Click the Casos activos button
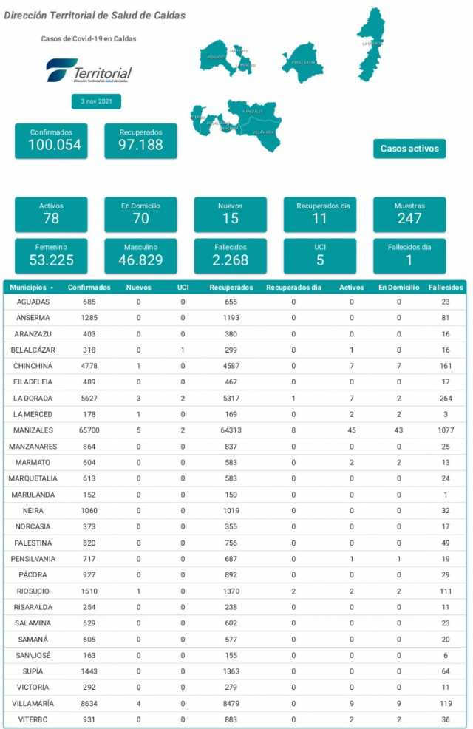tap(409, 149)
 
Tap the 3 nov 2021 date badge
tap(96, 101)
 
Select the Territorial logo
tap(89, 71)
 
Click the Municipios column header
tap(30, 287)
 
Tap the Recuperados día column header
tap(293, 287)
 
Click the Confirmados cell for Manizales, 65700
tap(89, 430)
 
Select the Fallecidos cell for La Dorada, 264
tap(446, 398)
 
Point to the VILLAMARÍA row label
tap(34, 704)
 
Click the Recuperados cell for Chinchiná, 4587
tap(231, 366)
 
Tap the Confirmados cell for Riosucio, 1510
tap(89, 591)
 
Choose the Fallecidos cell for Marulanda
tap(446, 495)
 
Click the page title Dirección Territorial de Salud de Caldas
tap(95, 16)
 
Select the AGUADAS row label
tap(34, 302)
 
